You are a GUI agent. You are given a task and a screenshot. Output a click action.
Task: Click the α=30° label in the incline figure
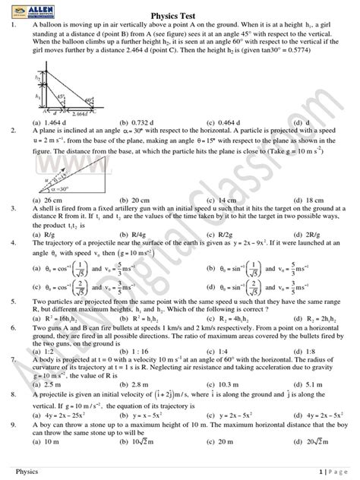click(x=55, y=189)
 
